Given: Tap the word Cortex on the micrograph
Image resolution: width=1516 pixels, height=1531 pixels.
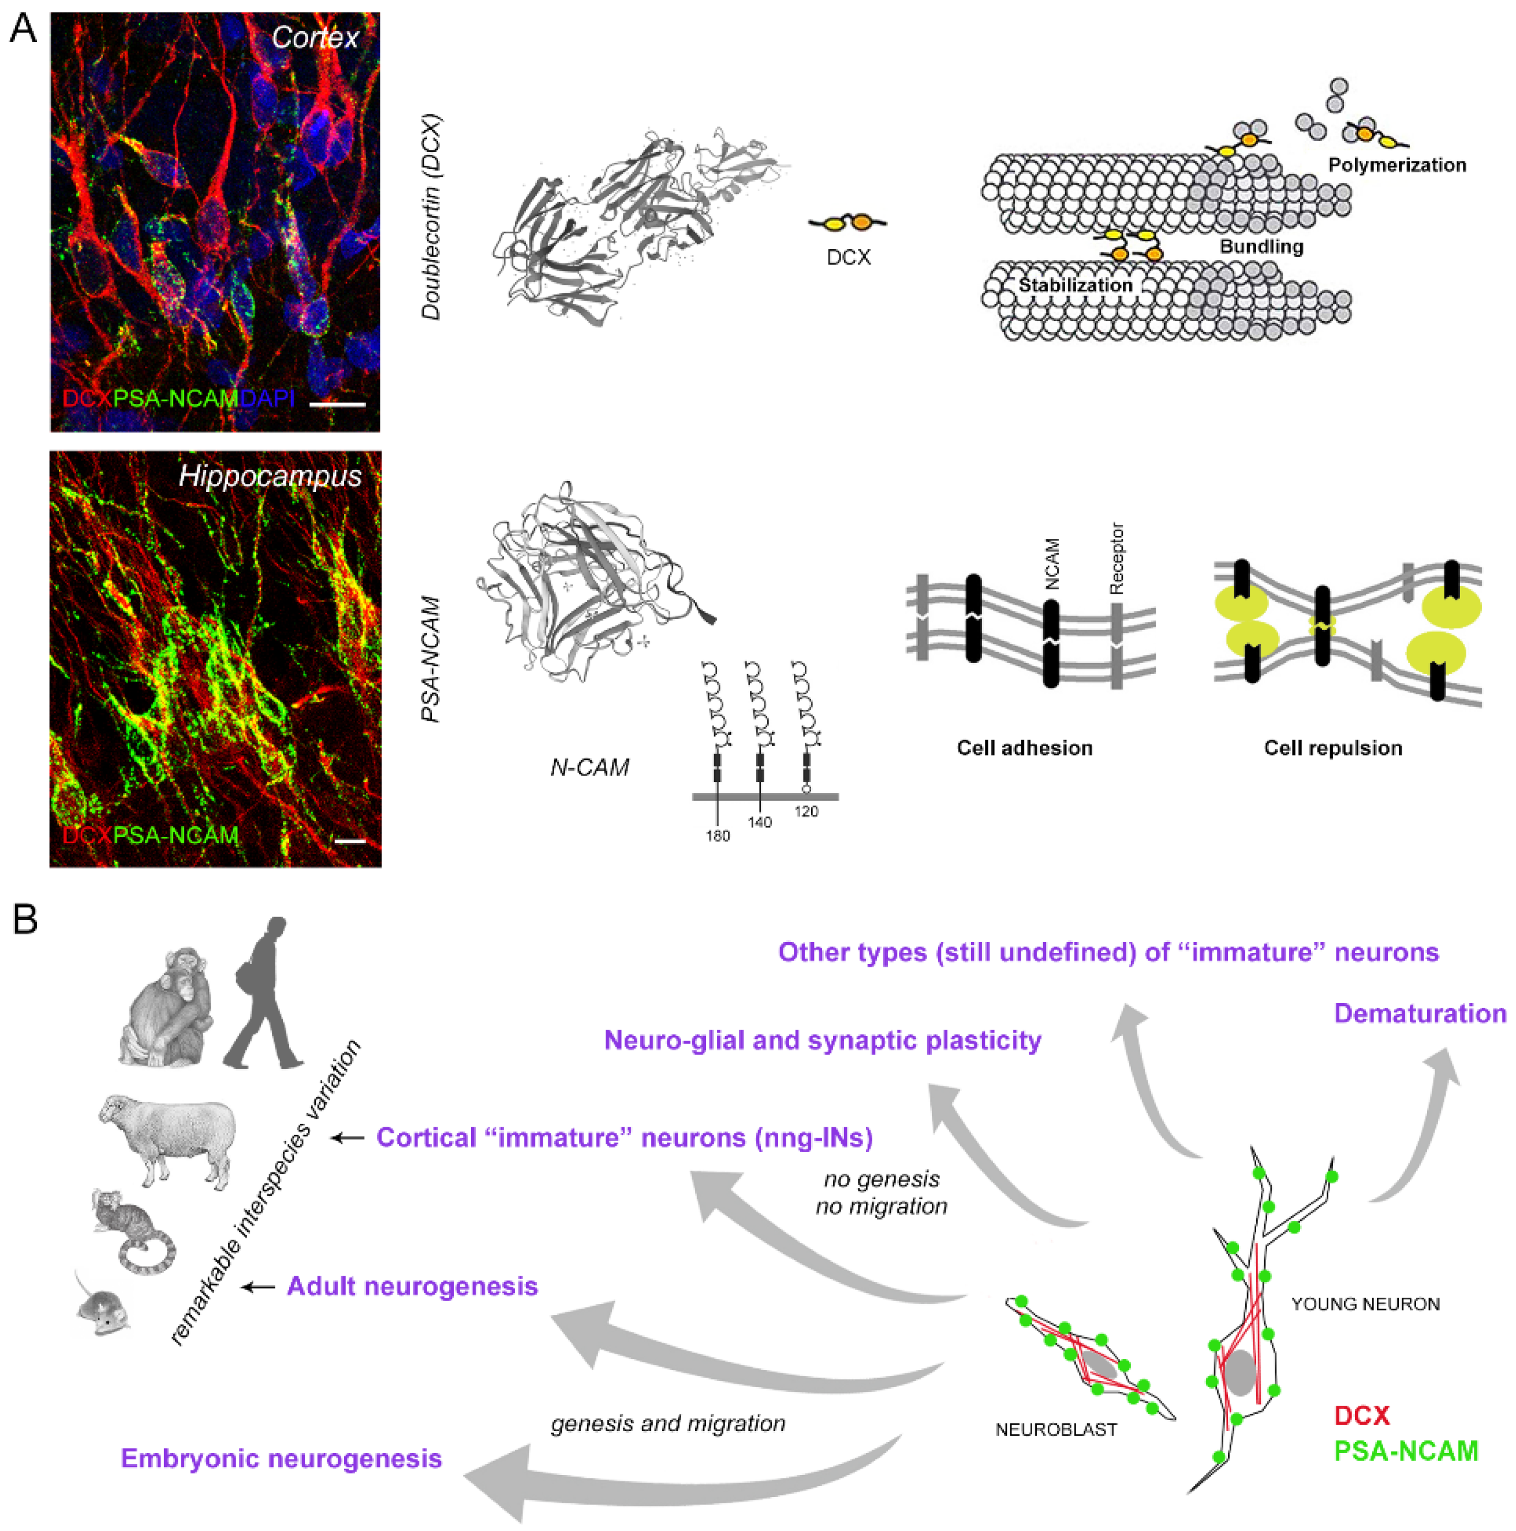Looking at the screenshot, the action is [315, 37].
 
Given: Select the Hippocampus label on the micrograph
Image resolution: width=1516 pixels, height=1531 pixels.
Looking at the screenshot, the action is [270, 475].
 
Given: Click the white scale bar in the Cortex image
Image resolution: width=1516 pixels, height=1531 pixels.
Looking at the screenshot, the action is [337, 404].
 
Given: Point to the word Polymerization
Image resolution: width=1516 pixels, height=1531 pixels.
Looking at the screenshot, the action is [1396, 165].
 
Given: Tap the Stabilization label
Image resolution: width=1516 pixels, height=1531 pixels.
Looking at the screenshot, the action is [1075, 285].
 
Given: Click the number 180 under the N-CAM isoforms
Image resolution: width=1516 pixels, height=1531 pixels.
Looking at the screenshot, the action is [718, 836].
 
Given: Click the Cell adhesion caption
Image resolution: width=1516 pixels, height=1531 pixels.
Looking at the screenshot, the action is [1024, 748].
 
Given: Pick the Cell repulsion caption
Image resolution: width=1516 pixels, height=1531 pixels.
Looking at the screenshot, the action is [1333, 748].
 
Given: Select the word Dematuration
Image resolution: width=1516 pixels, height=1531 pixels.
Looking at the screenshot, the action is [1420, 1013].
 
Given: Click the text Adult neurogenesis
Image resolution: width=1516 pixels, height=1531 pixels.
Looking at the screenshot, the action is [412, 1286].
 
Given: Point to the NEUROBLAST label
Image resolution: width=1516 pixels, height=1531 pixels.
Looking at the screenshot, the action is [1056, 1429].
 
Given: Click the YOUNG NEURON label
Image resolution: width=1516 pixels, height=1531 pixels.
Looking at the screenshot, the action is [1365, 1303].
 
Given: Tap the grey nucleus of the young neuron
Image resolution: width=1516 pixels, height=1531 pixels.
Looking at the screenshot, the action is [1241, 1373].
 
